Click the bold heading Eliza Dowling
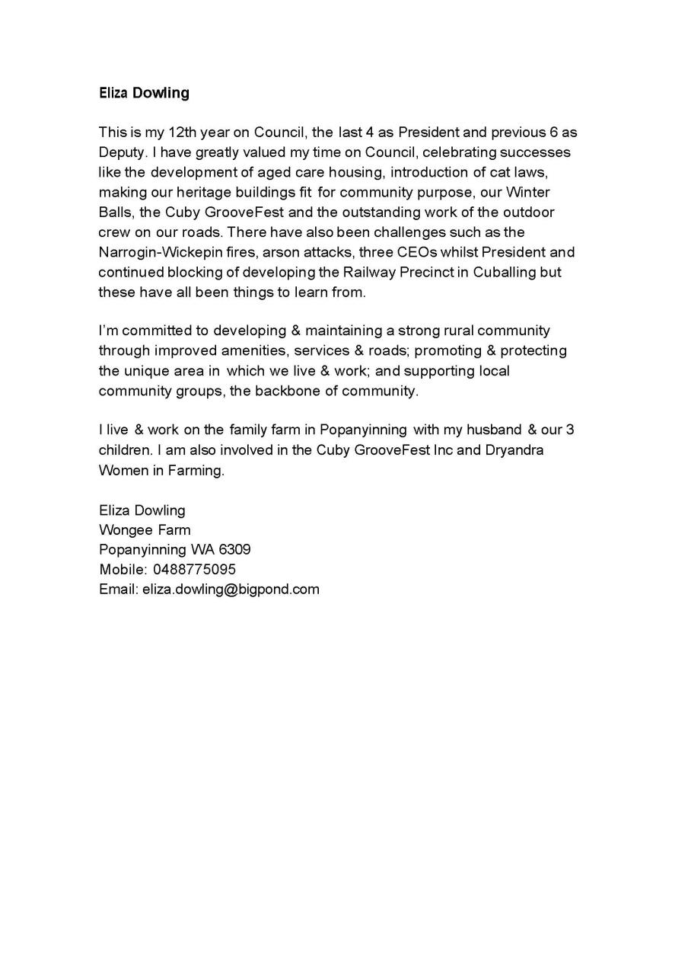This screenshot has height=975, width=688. pos(144,93)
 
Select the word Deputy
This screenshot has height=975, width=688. pos(121,152)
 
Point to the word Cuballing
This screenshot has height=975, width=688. pos(504,271)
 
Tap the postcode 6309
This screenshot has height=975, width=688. pos(232,549)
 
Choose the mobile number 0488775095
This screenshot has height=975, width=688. pos(194,569)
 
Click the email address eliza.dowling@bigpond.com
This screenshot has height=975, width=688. pos(231,589)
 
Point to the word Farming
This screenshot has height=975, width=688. pos(198,470)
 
